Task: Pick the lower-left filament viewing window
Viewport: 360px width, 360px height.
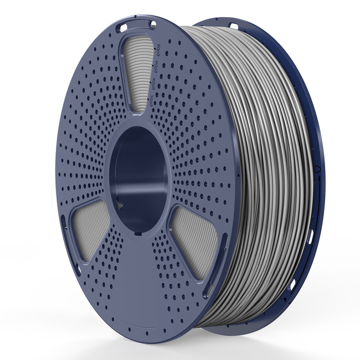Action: click(89, 229)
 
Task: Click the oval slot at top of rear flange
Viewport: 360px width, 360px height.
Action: click(234, 26)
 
